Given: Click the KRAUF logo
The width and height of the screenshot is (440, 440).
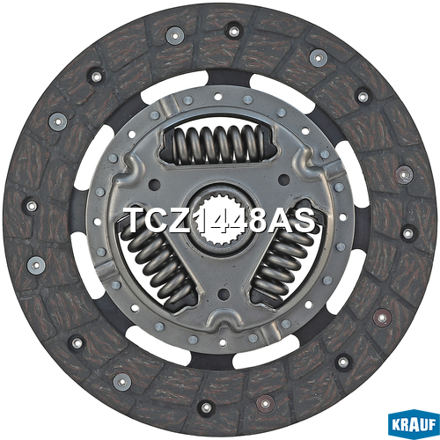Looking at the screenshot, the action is pos(414,424).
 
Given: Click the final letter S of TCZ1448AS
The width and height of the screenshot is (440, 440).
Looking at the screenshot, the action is pos(303,220).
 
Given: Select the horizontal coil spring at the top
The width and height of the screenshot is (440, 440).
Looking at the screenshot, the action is pos(218,144).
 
